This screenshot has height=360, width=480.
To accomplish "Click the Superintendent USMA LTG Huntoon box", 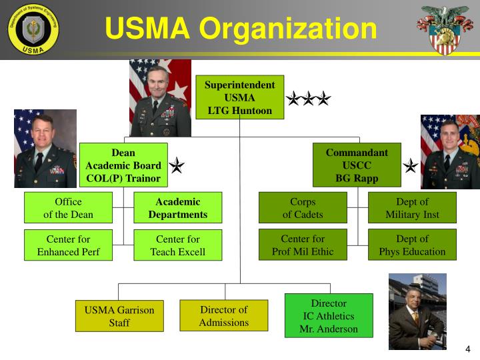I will point(239,97).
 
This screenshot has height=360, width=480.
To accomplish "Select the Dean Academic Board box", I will point(123,165).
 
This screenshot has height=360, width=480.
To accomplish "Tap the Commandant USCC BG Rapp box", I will point(357,165).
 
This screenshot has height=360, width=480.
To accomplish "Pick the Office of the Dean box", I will point(68,208).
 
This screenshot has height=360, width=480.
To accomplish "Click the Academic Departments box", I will point(178,208).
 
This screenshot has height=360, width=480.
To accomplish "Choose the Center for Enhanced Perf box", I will point(68,245).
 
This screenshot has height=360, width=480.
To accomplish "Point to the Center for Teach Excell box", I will point(178,245).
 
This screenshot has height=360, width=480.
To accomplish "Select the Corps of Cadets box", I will point(303,208).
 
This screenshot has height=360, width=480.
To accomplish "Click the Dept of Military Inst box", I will point(412,208).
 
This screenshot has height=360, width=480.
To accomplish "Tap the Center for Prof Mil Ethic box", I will point(303,245).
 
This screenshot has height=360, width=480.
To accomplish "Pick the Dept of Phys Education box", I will point(412,245).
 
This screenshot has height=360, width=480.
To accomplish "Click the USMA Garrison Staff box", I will point(119,316).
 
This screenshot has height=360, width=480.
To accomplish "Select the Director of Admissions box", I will point(224,315).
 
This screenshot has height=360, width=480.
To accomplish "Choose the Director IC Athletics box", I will point(329,316).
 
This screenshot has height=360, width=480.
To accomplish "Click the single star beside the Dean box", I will point(177,165).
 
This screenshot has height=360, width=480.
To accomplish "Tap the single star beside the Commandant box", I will point(411,165).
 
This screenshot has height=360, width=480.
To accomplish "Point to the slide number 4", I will point(467,349).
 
